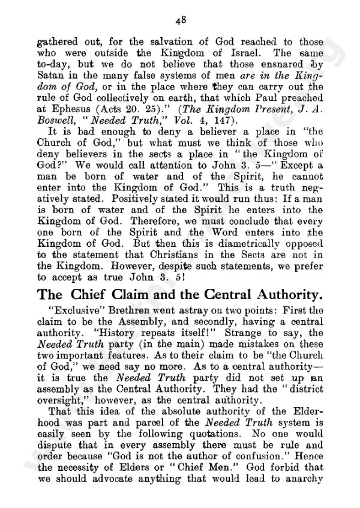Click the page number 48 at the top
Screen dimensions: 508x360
(181, 19)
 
